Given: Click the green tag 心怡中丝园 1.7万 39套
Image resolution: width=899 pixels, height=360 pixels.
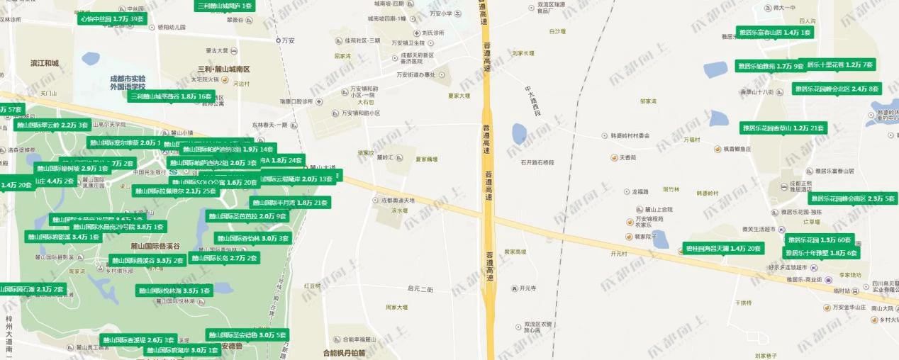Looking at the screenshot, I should coord(112,18).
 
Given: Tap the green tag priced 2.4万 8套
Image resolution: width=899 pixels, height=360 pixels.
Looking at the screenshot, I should coord(837,89).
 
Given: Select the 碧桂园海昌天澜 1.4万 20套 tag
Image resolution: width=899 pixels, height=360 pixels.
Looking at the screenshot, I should coord(723,249).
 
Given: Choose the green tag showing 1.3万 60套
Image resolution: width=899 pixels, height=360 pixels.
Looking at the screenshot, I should coord(819,240).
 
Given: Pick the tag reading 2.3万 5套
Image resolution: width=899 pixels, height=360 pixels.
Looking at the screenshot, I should coord(852,199).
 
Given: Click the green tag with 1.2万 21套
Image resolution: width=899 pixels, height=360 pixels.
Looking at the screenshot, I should coord(783,128).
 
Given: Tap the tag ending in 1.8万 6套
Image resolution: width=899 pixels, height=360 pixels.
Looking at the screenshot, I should coord(821,253).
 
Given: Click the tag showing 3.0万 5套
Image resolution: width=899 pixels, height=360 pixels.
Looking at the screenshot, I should coord(247,335).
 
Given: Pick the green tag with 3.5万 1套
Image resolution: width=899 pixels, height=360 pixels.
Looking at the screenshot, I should coord(174,291).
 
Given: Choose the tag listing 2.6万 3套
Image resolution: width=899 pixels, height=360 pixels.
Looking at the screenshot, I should coord(138,340).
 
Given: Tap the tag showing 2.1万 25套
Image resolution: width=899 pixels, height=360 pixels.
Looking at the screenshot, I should coord(175,191).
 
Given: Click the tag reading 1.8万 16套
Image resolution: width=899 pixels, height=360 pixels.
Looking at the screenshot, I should coord(171,96).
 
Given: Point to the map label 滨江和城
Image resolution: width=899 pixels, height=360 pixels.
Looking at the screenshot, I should coord(45,64).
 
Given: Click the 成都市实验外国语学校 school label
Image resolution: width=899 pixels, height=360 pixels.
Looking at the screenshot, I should coord(128,82).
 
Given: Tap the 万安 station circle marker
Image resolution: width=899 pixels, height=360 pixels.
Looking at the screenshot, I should coord(279,40).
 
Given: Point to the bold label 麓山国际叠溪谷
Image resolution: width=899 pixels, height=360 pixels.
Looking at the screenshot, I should coord(155,246).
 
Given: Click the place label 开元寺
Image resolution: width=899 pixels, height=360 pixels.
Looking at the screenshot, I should coord(527,288).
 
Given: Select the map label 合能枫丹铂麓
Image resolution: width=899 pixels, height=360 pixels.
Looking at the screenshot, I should coord(344,352).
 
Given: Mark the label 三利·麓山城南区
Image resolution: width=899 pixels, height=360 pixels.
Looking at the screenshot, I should coord(224,69).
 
